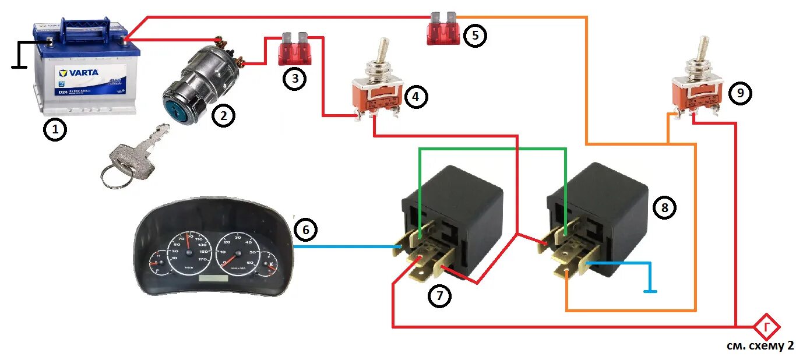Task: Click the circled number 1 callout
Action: point(55,130)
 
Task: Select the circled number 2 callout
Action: point(223,116)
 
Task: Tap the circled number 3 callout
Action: point(295,78)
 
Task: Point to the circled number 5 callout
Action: point(475,36)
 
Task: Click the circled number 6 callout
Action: point(305,230)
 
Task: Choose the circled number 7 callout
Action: point(439,296)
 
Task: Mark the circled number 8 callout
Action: point(664,207)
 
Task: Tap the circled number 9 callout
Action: point(740,93)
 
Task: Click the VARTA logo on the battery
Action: point(79,73)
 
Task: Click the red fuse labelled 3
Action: point(294,49)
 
